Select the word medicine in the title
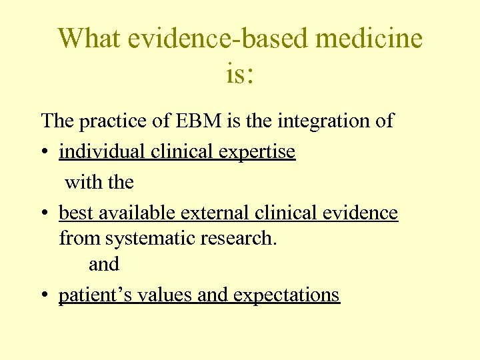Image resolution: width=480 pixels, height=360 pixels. pyautogui.click(x=369, y=39)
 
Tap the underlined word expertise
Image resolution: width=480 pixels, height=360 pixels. pyautogui.click(x=257, y=153)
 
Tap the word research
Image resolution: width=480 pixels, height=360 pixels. pyautogui.click(x=241, y=238)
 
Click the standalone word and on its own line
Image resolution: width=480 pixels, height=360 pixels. pyautogui.click(x=104, y=265)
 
